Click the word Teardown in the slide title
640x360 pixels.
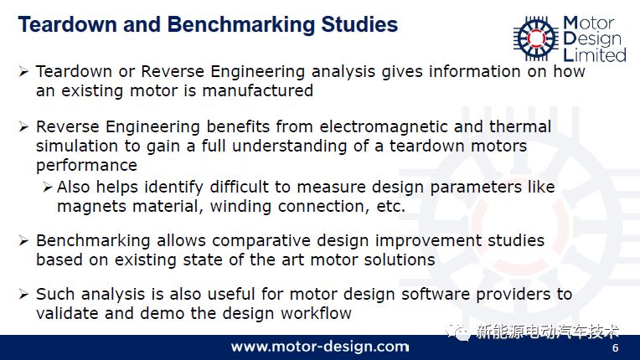pyautogui.click(x=68, y=24)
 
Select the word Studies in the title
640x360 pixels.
pyautogui.click(x=359, y=24)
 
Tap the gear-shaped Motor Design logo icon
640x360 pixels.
pyautogui.click(x=536, y=38)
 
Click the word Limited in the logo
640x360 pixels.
pyautogui.click(x=595, y=54)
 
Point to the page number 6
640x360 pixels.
pyautogui.click(x=615, y=347)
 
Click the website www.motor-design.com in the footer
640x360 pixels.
pyautogui.click(x=320, y=347)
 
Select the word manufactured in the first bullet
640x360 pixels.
pyautogui.click(x=257, y=90)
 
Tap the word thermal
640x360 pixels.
pyautogui.click(x=520, y=126)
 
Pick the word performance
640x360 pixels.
pyautogui.click(x=86, y=166)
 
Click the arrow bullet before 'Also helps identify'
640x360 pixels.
pyautogui.click(x=48, y=188)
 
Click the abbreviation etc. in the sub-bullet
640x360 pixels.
pyautogui.click(x=390, y=206)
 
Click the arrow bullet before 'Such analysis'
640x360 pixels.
pyautogui.click(x=23, y=294)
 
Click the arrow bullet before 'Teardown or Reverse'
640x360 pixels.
pyautogui.click(x=23, y=72)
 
